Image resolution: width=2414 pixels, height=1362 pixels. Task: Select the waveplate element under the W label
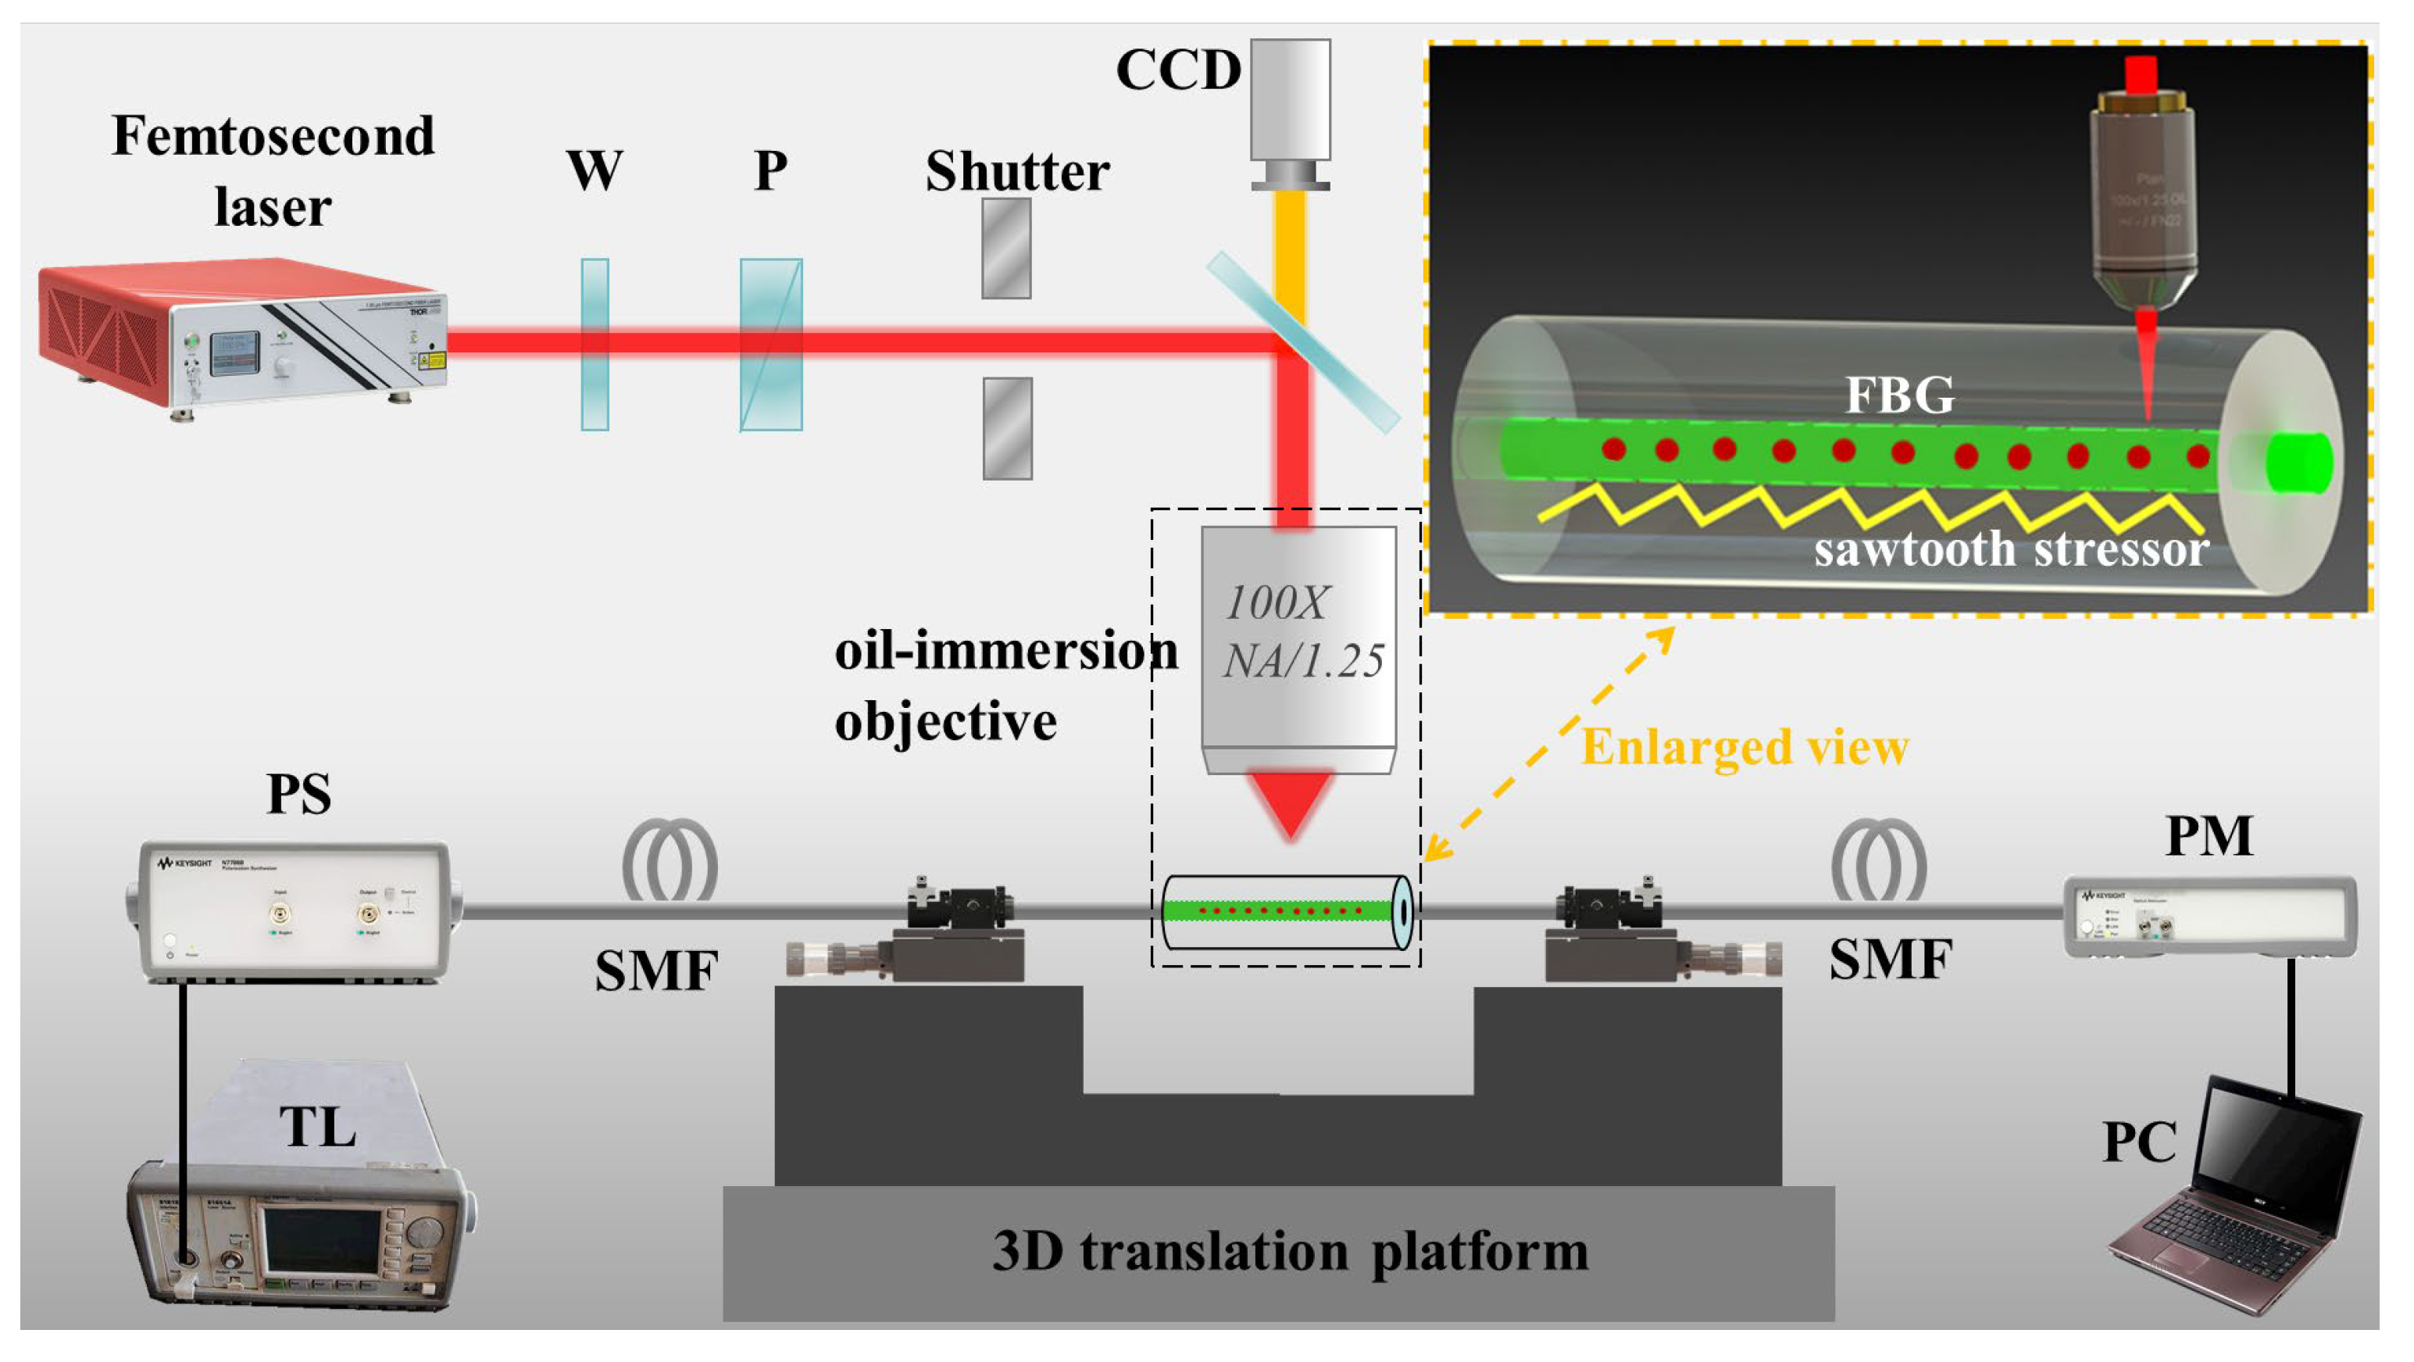595,345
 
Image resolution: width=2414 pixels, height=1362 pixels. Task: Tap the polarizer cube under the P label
771,345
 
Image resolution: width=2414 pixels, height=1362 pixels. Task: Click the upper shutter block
1007,248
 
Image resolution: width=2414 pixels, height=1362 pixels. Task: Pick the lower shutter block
1007,428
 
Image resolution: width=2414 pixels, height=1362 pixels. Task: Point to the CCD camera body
1291,103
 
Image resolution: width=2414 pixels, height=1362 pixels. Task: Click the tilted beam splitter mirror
1302,342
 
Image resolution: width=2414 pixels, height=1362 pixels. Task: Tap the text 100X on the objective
1277,602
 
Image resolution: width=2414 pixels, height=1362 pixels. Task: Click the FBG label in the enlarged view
1899,395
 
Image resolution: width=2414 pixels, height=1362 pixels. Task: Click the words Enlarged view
1745,748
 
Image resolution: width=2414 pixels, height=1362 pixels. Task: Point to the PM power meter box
2210,917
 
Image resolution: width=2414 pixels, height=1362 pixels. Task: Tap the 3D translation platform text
1291,1251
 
